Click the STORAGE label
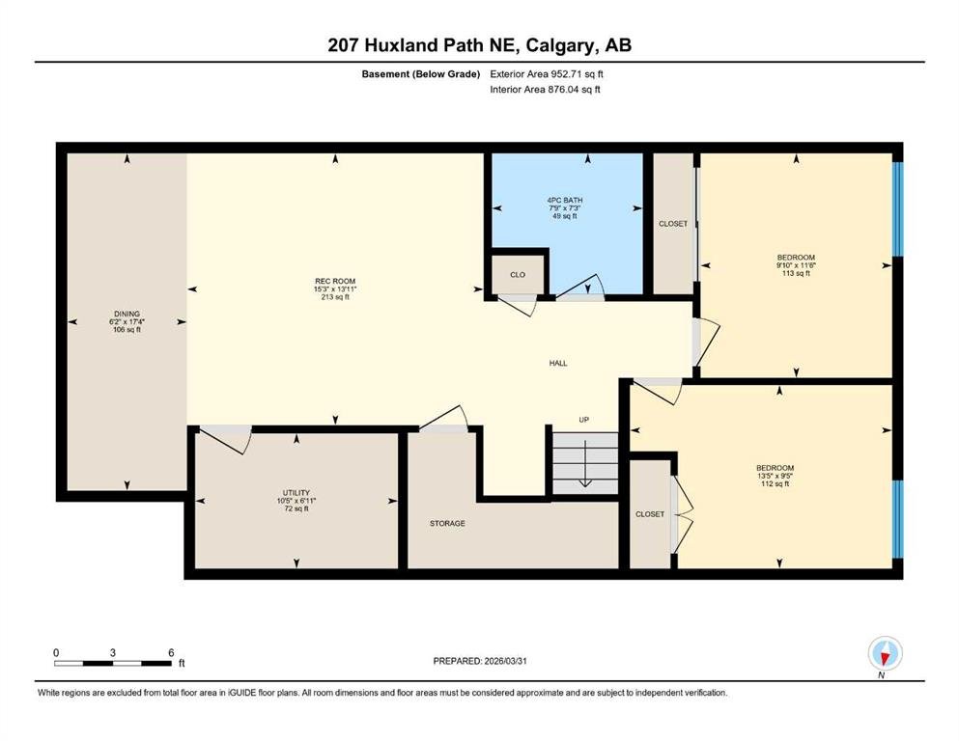coord(447,524)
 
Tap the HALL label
coord(558,363)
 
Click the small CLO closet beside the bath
coord(518,274)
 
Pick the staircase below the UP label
coord(585,462)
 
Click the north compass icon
coord(885,653)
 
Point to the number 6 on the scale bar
coord(171,652)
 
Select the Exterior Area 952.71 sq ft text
coord(547,74)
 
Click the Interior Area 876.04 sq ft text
coord(545,89)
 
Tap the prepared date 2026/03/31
coord(505,661)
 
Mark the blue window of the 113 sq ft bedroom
coord(898,208)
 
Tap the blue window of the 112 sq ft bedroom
coord(898,519)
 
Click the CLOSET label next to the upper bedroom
coord(673,224)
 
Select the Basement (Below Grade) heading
coord(421,74)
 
